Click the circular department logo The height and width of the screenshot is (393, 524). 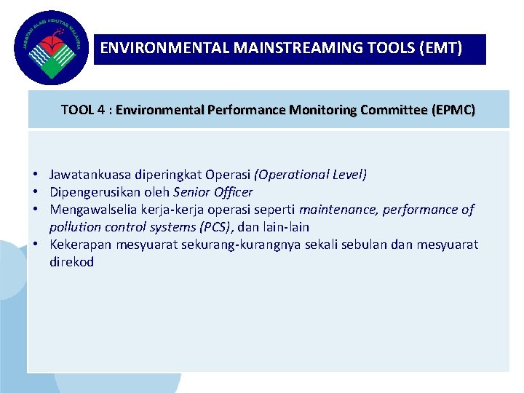click(49, 47)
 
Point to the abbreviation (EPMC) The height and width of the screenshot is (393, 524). click(453, 111)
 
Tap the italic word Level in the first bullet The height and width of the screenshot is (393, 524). click(347, 175)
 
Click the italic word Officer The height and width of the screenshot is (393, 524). click(231, 192)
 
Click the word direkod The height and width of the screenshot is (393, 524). click(71, 262)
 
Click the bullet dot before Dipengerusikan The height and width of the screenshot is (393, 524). click(35, 192)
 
